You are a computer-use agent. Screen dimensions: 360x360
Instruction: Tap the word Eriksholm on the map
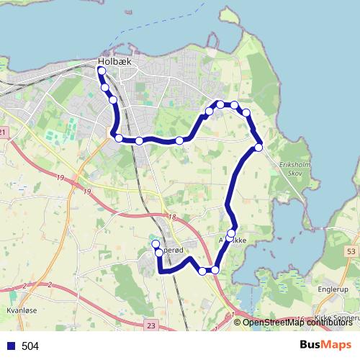(292, 164)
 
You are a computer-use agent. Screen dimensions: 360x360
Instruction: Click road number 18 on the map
(171, 217)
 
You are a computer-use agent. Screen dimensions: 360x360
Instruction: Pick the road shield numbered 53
(351, 251)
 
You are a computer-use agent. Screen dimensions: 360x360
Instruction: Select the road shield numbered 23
(150, 325)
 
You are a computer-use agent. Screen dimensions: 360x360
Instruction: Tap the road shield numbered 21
(3, 132)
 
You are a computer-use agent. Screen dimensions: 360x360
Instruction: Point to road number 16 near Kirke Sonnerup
(300, 317)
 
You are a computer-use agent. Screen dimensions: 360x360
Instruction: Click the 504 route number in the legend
(30, 346)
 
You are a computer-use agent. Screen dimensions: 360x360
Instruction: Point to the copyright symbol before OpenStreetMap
(238, 322)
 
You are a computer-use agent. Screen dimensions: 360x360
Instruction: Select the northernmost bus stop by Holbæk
(102, 71)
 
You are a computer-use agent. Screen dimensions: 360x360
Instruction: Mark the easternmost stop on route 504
(258, 148)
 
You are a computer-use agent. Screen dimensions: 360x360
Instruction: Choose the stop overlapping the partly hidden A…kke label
(231, 233)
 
